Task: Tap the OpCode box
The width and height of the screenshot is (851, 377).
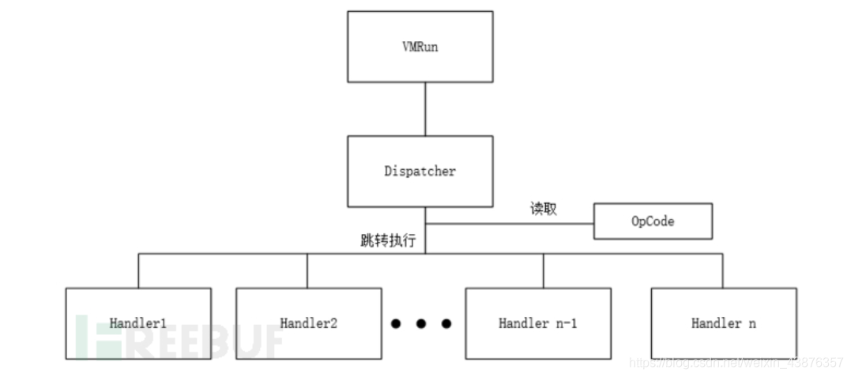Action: click(x=653, y=221)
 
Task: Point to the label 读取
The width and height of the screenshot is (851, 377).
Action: click(x=543, y=209)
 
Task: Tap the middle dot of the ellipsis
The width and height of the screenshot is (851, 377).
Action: click(x=420, y=323)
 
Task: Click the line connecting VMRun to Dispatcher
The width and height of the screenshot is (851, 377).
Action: click(x=425, y=109)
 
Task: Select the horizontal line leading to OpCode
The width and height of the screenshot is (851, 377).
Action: click(x=510, y=223)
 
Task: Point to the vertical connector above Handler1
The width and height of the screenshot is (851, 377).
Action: click(x=138, y=270)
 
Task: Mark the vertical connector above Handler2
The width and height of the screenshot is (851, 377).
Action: click(x=307, y=270)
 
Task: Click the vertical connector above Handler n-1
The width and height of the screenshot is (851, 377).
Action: click(x=543, y=270)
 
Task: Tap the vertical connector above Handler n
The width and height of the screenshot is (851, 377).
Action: click(x=722, y=270)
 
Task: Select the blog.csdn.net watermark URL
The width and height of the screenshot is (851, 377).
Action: click(x=736, y=363)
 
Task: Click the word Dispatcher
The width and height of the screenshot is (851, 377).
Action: click(x=420, y=171)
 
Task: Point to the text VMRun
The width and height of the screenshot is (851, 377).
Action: click(x=420, y=47)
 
